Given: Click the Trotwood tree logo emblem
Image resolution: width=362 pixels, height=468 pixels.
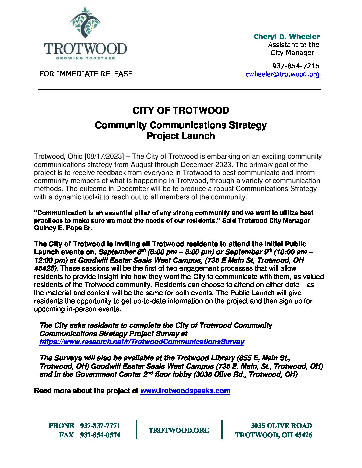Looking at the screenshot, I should [x=85, y=23].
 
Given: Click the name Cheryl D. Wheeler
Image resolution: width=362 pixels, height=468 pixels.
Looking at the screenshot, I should [x=286, y=37].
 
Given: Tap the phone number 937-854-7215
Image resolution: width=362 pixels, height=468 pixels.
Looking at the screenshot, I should [x=295, y=66].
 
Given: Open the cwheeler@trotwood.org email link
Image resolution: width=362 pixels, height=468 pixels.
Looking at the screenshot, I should [x=282, y=74].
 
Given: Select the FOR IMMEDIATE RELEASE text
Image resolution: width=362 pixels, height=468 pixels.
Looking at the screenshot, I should [x=86, y=74].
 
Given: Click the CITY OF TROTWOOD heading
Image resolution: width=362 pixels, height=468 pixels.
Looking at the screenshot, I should [x=181, y=110].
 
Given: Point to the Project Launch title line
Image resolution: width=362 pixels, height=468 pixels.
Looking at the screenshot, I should [x=181, y=136].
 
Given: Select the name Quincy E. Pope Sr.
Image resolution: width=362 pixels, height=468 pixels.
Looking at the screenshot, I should [x=63, y=228].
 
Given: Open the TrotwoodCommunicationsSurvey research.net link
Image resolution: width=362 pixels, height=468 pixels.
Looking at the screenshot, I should [x=142, y=342].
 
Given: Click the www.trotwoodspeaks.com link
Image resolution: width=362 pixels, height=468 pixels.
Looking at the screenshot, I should [x=185, y=391].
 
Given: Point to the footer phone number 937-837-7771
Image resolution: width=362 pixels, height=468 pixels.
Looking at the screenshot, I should [x=100, y=426].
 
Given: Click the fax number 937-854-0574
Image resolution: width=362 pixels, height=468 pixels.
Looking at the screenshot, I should [x=100, y=435].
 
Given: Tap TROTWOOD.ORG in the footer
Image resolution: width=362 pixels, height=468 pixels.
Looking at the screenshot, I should [x=179, y=430].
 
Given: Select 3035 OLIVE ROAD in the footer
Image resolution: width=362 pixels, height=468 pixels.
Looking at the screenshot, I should [x=281, y=426].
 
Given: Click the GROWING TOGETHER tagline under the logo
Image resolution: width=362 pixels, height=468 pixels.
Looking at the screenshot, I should [x=86, y=58].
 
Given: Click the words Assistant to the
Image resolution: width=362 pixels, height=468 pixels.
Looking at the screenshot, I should [x=293, y=45].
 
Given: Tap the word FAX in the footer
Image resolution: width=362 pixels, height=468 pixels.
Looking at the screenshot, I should [x=66, y=435].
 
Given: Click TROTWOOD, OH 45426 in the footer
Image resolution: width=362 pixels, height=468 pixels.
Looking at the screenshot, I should [x=273, y=435].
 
